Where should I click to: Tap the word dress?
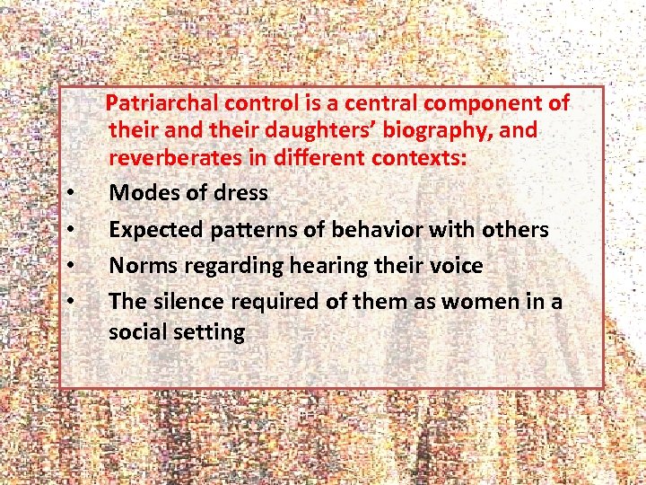click(x=240, y=193)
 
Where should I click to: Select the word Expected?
click(x=155, y=230)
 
